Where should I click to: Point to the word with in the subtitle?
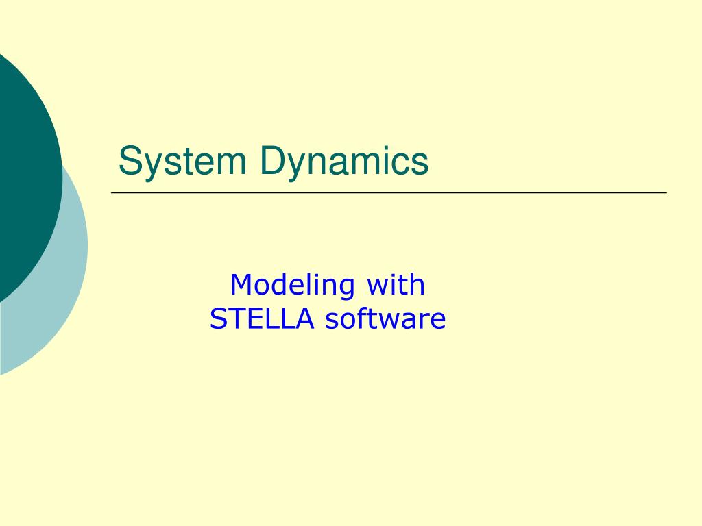[x=396, y=284]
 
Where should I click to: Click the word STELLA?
[x=262, y=318]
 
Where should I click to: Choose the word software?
[x=385, y=318]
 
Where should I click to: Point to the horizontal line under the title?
[x=389, y=192]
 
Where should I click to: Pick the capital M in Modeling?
[x=241, y=284]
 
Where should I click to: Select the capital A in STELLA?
[x=304, y=319]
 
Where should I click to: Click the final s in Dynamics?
[x=420, y=164]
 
